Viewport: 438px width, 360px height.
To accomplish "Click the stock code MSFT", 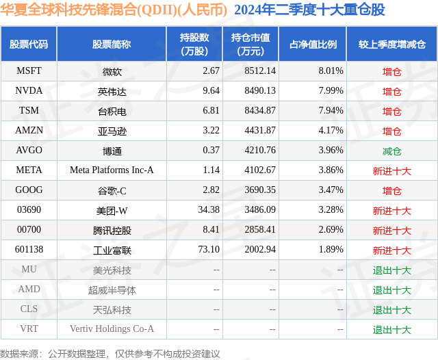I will [x=29, y=70].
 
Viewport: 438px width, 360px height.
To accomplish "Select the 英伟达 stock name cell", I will [x=112, y=90].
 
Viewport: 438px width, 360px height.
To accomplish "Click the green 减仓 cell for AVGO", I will [x=391, y=151].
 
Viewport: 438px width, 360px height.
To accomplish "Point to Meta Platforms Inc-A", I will [x=112, y=170].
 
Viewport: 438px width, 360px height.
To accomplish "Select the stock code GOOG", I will [x=29, y=190].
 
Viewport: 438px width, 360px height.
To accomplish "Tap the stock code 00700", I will [x=29, y=230].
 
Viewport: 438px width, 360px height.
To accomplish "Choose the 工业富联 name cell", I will [x=112, y=250].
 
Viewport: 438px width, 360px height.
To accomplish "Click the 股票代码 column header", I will [x=29, y=44].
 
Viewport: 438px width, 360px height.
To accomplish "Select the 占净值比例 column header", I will [x=313, y=44].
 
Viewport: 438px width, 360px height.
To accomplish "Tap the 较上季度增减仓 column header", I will [x=391, y=44].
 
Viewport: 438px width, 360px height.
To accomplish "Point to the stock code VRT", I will [x=29, y=329].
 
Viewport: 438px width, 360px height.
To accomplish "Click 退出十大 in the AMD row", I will [x=391, y=290].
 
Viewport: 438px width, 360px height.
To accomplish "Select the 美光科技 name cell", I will [x=112, y=270].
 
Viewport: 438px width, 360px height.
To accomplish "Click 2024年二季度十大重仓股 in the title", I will [x=309, y=10].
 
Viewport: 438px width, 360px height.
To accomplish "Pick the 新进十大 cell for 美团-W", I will [x=391, y=210].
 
